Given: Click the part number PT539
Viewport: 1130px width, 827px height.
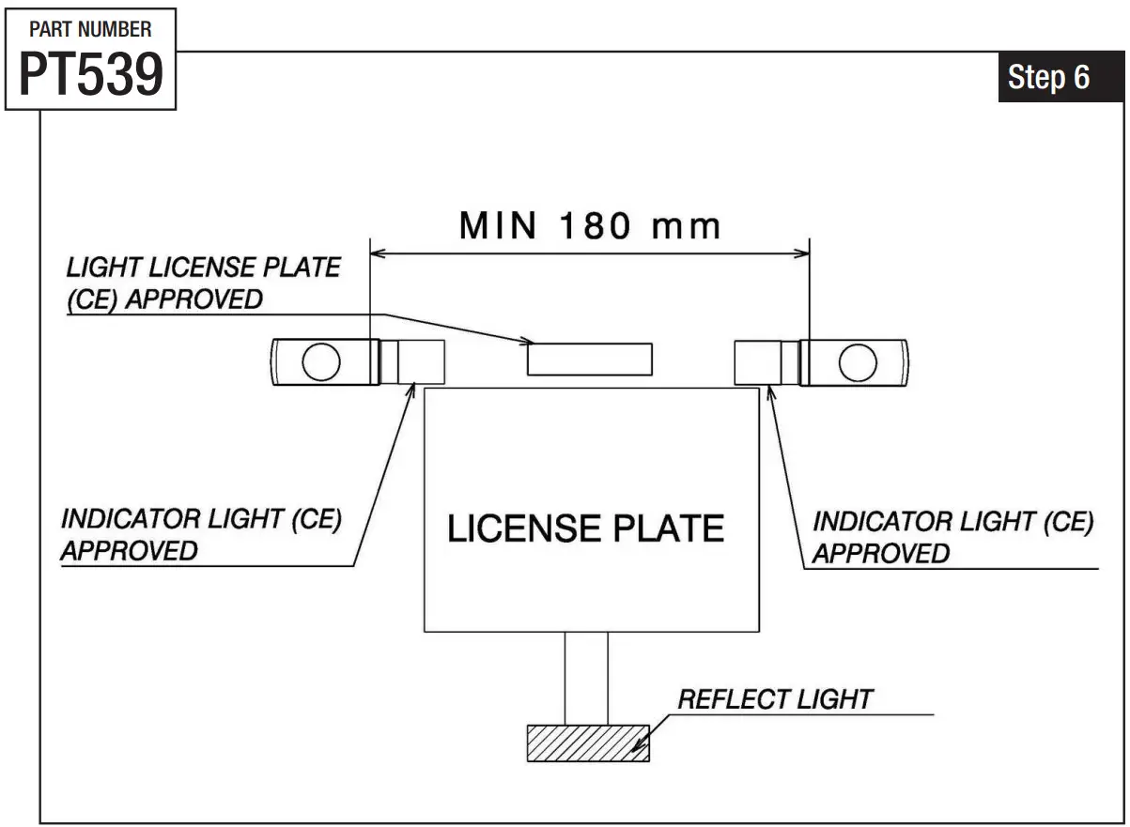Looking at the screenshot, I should [91, 74].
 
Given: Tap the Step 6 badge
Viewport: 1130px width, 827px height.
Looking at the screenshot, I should [1048, 77].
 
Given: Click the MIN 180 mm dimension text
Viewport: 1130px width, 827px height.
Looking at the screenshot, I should [590, 226].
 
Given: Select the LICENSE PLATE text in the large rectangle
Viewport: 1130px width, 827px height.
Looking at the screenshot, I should [585, 528].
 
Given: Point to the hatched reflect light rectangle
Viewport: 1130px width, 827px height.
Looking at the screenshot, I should [588, 742].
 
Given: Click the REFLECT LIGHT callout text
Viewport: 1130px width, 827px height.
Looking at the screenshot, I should [775, 699].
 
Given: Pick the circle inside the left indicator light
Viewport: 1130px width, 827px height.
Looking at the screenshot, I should [321, 362].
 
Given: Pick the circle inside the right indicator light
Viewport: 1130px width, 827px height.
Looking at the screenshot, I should [857, 362].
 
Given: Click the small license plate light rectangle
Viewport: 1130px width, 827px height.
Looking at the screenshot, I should [589, 359].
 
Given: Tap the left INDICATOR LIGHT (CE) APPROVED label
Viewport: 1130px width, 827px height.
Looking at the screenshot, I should [201, 534].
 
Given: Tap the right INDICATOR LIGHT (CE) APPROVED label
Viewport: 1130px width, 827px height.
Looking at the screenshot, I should [952, 537].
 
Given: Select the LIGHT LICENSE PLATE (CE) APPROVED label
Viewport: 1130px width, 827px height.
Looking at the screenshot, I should [203, 283].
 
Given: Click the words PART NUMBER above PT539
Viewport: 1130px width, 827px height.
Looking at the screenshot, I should [90, 29].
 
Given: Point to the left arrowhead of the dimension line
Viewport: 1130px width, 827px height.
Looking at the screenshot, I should [378, 252].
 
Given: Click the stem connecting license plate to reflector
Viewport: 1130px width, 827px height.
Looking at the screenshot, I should [585, 677].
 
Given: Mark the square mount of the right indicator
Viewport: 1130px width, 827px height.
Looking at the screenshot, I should [758, 362].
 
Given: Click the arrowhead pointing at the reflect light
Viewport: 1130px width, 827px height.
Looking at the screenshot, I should [640, 747].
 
